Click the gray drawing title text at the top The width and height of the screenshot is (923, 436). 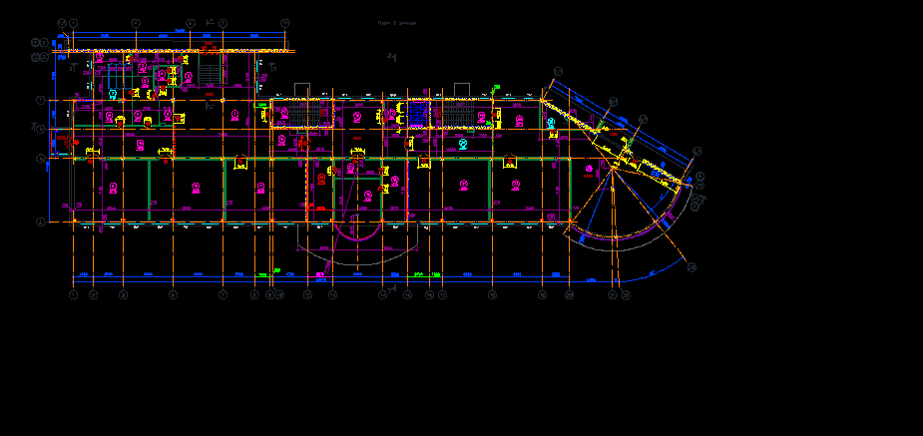click(x=396, y=22)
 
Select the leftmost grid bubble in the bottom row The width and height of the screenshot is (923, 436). click(x=73, y=295)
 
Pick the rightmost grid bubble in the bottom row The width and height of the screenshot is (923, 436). click(x=626, y=295)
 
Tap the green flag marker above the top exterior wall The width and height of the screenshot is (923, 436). click(x=495, y=88)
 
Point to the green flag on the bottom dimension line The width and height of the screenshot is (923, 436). click(x=276, y=269)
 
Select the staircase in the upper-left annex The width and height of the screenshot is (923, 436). click(x=210, y=72)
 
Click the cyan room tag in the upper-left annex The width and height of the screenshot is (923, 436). click(x=114, y=94)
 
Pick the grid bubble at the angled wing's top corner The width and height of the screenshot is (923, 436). click(x=558, y=72)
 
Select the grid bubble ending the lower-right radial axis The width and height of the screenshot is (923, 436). click(x=691, y=267)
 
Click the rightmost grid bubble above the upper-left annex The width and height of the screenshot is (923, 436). click(x=284, y=22)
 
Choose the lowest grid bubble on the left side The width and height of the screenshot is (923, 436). click(x=41, y=222)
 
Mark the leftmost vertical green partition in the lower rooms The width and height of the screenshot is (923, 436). click(x=149, y=190)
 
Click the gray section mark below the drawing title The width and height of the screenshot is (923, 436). click(x=392, y=58)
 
